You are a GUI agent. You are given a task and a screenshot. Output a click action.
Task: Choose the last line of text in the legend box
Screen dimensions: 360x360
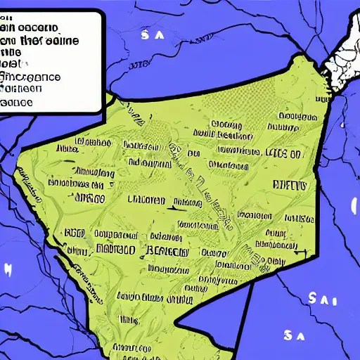[17, 102]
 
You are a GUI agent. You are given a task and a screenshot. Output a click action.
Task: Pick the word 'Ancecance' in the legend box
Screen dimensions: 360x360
[32, 77]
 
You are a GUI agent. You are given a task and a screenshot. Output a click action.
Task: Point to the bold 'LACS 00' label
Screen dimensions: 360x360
[283, 152]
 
